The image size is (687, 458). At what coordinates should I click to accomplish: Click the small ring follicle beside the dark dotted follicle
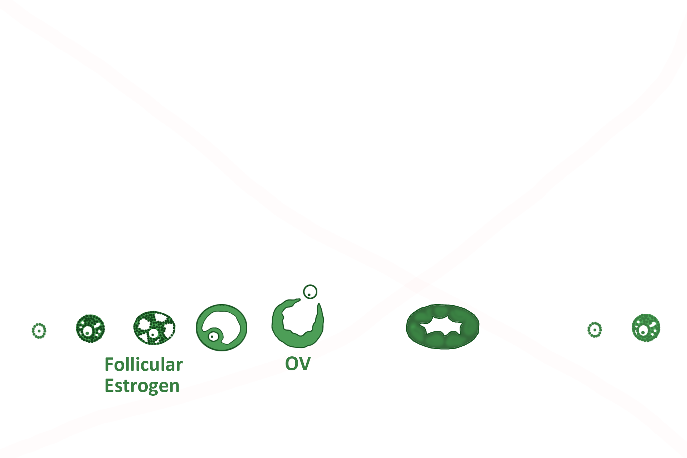pos(39,331)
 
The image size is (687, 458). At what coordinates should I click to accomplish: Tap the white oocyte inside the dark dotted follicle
pos(87,333)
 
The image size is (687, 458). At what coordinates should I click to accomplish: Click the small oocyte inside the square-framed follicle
pos(213,336)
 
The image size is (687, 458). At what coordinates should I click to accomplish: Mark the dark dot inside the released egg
pos(309,295)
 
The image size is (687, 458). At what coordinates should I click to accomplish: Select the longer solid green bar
pos(144,364)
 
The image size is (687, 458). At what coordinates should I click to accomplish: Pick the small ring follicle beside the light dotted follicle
pos(594,330)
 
